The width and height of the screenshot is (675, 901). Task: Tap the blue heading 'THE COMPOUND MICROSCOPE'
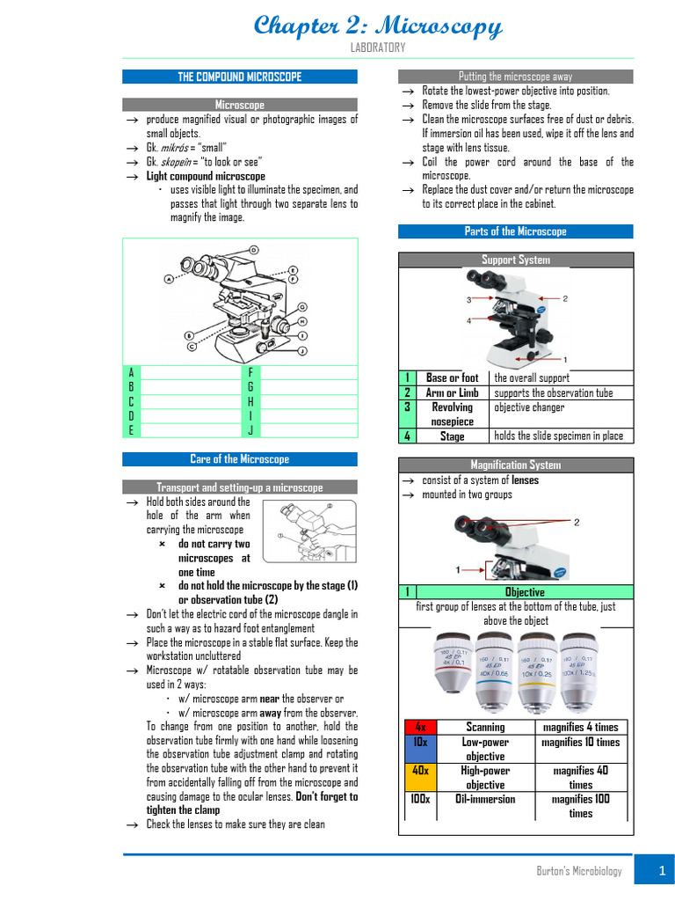pos(239,77)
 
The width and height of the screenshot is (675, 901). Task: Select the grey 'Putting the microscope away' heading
pos(515,77)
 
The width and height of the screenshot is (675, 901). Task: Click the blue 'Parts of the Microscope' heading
pos(515,231)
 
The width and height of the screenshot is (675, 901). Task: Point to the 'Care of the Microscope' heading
pos(239,459)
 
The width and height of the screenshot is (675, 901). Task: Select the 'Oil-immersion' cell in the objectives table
pos(485,799)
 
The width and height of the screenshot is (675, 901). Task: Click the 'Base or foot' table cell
pos(452,378)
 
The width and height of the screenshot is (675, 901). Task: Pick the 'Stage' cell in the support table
pos(452,436)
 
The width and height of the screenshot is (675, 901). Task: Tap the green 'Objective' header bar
pos(525,592)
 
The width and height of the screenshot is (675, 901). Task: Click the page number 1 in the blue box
pos(653,871)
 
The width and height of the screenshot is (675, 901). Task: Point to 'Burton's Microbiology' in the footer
pos(579,871)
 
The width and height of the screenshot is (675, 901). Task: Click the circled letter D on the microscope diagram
pos(254,250)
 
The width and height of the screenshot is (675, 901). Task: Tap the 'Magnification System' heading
pos(515,465)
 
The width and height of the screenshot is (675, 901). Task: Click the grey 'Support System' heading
pos(515,260)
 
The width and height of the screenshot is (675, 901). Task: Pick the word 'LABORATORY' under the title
pos(377,48)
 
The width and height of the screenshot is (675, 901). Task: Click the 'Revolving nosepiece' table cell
pos(452,414)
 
